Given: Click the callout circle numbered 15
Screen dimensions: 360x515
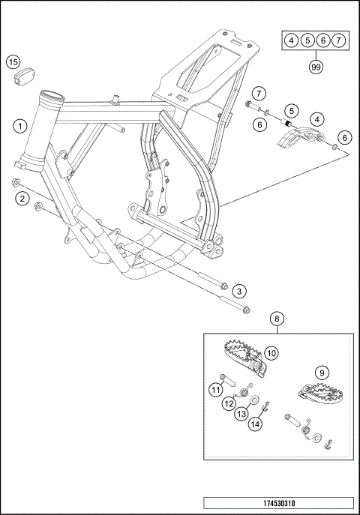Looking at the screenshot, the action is pos(13,62).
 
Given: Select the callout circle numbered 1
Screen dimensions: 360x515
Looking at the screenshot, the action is pos(20,126).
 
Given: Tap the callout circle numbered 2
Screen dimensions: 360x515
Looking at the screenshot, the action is pos(22,199).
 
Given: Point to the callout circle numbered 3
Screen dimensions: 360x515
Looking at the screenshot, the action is pos(239,292).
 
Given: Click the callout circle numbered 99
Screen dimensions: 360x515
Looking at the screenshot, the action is pos(316,67).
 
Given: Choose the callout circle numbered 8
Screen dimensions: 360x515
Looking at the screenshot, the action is pos(277,319).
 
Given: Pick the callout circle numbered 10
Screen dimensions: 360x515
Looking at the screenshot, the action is pos(271,353).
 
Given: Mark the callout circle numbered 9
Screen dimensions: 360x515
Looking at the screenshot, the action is pos(322,373).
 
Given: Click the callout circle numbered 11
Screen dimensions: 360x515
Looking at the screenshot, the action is pos(215,390).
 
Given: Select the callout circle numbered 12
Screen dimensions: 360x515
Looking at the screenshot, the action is pos(229,403).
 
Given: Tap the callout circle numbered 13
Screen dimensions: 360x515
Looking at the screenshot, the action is pos(241,414).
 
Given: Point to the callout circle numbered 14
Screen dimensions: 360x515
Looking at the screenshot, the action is pos(255,424).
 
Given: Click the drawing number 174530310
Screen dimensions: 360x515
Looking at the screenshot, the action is pos(279,503).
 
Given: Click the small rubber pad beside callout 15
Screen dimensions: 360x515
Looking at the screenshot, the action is pos(25,77).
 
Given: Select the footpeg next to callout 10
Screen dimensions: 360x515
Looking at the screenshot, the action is pos(244,358).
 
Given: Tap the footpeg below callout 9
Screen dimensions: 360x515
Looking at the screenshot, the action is pos(320,393).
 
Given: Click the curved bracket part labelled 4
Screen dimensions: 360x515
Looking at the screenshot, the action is pos(298,137).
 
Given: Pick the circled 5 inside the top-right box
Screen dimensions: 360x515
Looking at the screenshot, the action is pos(307,40).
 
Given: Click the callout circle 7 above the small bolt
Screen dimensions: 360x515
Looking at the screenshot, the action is pos(259,94).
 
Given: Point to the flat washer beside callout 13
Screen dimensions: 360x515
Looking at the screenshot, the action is pos(254,400).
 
